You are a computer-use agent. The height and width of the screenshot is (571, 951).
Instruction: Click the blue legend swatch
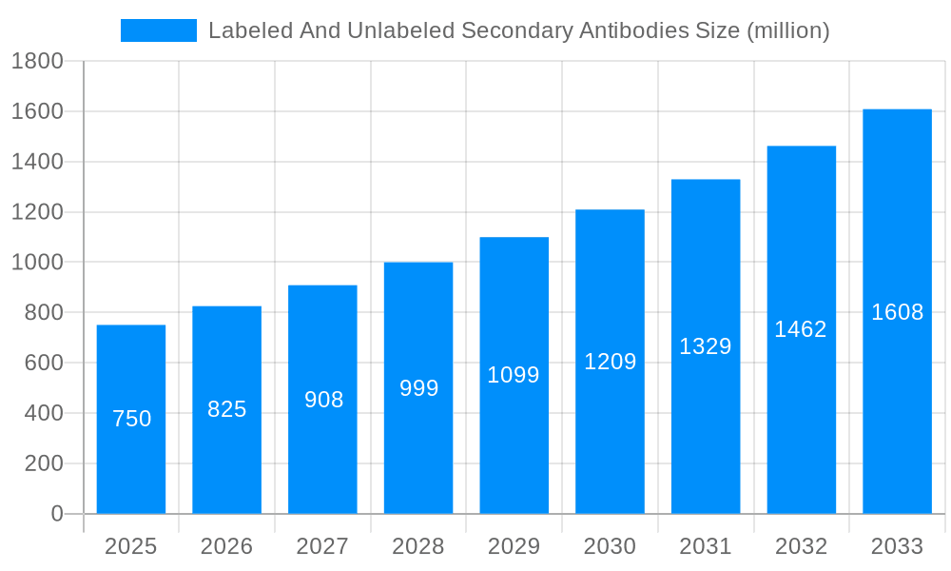click(x=158, y=30)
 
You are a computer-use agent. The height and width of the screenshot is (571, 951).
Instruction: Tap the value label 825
click(x=227, y=409)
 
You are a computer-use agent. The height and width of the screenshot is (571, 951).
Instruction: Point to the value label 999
click(x=418, y=388)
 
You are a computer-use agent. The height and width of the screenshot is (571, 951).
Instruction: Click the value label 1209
click(x=610, y=362)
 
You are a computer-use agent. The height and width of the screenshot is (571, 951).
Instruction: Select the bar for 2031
click(x=706, y=419)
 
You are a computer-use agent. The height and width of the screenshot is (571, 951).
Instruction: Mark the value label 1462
click(x=801, y=329)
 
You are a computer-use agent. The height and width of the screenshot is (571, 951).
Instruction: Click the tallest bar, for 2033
click(x=897, y=400)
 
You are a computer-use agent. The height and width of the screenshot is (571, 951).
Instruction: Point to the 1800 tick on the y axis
click(x=37, y=62)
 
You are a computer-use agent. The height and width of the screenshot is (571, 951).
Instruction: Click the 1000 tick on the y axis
click(x=37, y=263)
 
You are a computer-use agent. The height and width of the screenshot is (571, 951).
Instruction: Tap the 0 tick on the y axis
click(x=56, y=514)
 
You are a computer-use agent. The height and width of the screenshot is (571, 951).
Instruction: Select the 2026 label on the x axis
click(x=227, y=546)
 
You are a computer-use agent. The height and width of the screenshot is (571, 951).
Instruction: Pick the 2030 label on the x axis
click(x=610, y=546)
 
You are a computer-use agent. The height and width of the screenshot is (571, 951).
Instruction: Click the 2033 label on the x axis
click(x=897, y=546)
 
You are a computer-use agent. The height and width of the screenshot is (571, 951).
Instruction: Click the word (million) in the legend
click(x=788, y=30)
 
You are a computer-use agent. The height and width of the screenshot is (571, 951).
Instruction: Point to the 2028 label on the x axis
click(x=418, y=546)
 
